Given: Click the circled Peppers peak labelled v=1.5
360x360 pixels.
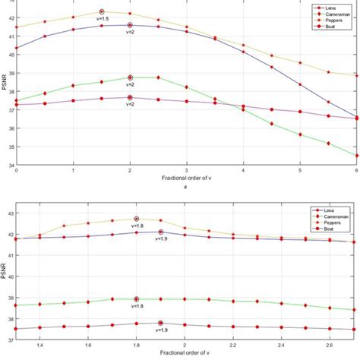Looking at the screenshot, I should click(x=102, y=11).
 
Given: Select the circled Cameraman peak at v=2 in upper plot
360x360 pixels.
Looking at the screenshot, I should click(x=130, y=77).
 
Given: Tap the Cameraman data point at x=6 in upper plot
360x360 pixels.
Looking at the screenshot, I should click(x=356, y=156).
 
